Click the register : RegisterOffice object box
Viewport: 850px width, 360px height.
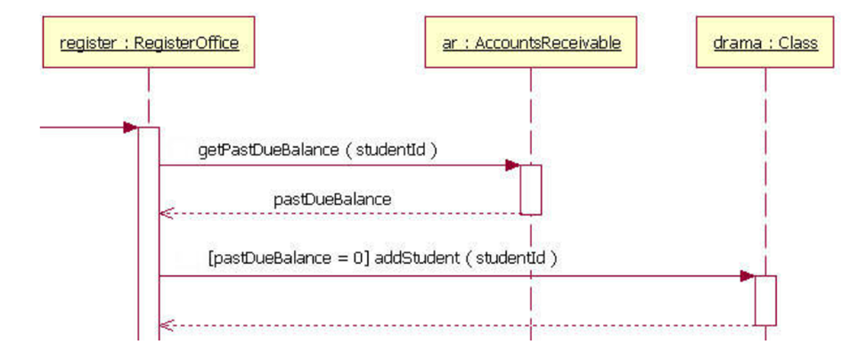point(149,42)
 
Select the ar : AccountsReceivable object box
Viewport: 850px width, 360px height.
point(530,42)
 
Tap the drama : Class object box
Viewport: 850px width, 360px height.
point(765,42)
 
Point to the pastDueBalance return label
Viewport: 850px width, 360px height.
point(331,200)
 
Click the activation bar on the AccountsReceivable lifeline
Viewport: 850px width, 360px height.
point(531,189)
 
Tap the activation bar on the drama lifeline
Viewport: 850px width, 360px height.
point(765,299)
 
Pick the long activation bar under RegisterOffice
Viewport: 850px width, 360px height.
point(148,232)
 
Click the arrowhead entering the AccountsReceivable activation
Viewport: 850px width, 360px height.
point(512,165)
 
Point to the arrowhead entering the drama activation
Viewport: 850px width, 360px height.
point(747,276)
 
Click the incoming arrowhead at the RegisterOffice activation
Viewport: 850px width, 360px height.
point(130,127)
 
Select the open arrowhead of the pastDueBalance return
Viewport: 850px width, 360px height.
point(164,214)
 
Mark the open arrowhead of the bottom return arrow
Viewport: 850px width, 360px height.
point(164,325)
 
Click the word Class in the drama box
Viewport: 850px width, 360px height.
point(797,42)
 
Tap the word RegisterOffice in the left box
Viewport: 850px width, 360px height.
point(186,42)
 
